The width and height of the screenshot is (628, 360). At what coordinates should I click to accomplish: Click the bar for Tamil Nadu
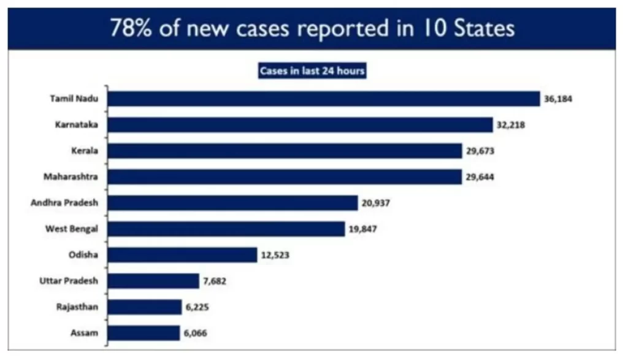(324, 99)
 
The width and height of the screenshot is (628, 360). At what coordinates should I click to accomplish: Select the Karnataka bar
(301, 124)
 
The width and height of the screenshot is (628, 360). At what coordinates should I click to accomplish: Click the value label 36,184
(557, 99)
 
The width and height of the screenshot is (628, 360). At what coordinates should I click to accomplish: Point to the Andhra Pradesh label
(68, 202)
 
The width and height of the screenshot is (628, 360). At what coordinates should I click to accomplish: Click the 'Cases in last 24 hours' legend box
(312, 71)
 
